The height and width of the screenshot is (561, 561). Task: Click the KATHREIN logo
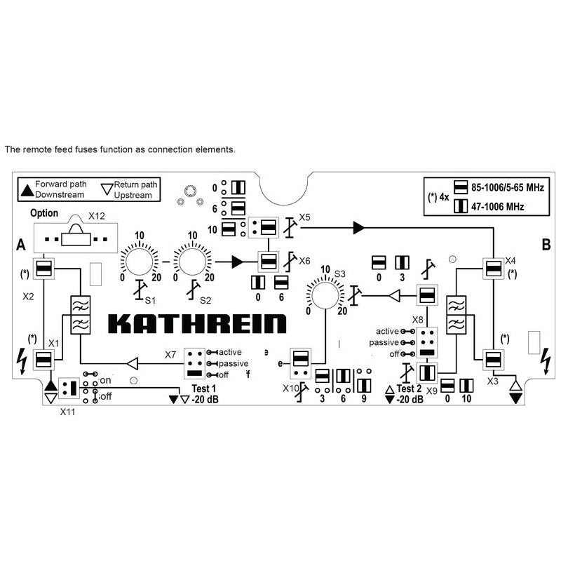pos(197,323)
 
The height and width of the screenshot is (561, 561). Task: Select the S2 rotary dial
pos(190,262)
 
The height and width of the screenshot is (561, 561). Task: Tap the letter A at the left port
pos(20,244)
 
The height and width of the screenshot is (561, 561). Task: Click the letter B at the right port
pos(545,244)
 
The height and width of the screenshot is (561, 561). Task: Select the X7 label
pos(170,355)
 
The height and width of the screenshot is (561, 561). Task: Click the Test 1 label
pos(204,389)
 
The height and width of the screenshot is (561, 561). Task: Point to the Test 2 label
pos(409,389)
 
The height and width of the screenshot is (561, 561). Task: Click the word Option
pos(44,213)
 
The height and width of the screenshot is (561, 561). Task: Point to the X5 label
pos(304,217)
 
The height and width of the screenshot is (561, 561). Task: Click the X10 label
pos(290,388)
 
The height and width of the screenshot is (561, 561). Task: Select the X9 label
pos(432,390)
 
